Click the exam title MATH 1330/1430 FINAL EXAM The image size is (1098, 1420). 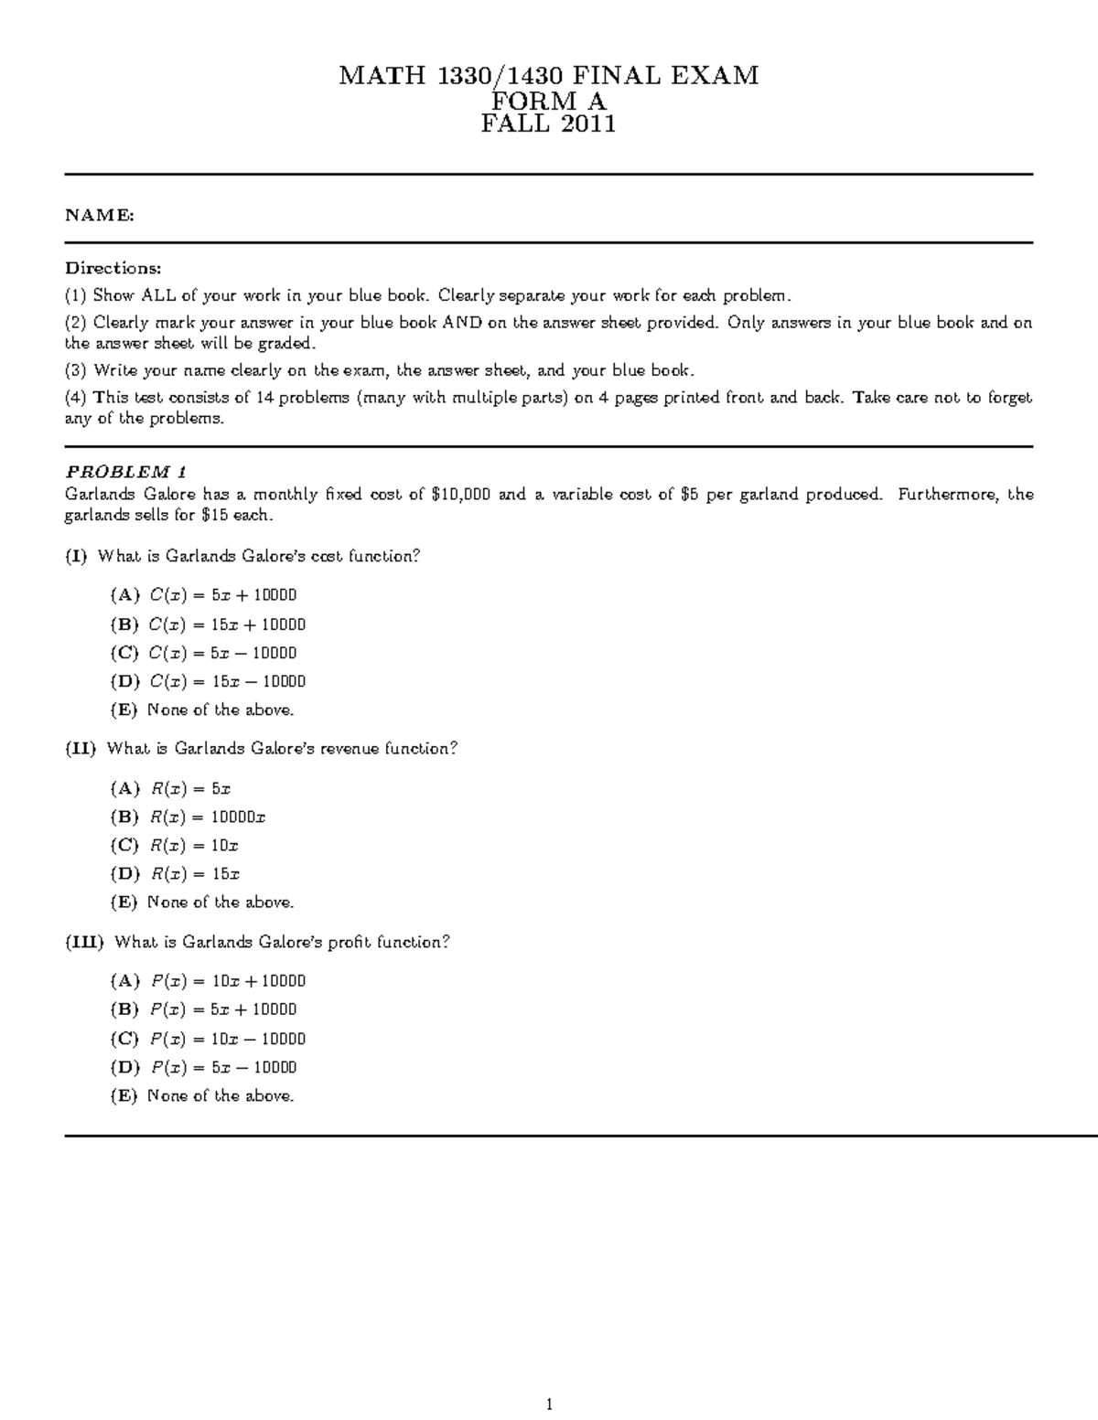tap(548, 75)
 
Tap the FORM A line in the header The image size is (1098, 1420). tap(548, 101)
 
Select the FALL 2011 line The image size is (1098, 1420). tap(548, 124)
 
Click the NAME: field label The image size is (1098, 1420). tap(99, 215)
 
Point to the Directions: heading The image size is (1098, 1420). tap(113, 268)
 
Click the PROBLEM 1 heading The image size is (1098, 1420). tap(125, 472)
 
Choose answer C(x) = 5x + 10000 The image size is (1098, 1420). tap(222, 595)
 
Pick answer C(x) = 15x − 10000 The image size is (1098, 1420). tap(227, 681)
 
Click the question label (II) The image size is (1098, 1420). tap(80, 749)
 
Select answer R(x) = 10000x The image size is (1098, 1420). tap(207, 817)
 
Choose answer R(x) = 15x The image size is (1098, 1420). tap(195, 874)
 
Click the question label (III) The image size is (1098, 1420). tap(84, 942)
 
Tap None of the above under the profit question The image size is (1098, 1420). tap(221, 1095)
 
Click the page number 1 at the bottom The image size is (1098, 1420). tap(549, 1404)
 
